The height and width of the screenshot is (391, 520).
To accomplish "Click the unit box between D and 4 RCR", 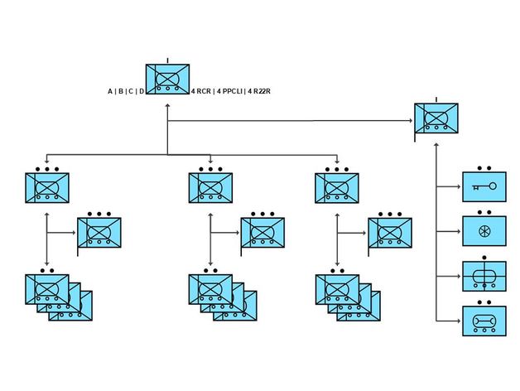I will point(167,79).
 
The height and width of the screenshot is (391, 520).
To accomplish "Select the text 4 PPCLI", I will point(229,91).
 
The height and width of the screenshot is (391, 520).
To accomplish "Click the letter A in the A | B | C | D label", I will point(110,91).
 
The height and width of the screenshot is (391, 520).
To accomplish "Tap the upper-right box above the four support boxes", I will point(436,119).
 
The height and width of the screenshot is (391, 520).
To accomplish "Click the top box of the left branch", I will point(46,188).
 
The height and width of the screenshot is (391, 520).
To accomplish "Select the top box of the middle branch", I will point(210,188).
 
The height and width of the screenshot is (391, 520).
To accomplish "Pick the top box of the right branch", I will point(337,188).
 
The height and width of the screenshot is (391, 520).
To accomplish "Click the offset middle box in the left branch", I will point(99,233).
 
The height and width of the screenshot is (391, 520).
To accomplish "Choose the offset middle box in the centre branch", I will point(262,233).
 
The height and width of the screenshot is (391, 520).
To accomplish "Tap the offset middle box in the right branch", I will point(390,233).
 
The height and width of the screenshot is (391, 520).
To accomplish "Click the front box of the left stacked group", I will point(47,287).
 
